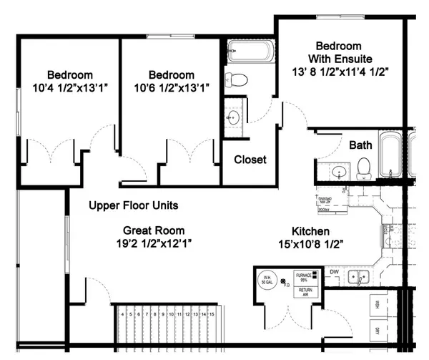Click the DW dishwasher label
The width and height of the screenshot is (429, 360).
334,271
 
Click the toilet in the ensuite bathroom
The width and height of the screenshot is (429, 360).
235,79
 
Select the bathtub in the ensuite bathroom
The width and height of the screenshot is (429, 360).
250,52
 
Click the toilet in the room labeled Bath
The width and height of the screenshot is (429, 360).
363,168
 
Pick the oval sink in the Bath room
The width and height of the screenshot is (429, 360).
337,172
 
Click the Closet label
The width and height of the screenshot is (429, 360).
250,160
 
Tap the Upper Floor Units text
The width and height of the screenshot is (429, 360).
133,205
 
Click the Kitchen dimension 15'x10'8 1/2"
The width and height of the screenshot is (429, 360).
310,244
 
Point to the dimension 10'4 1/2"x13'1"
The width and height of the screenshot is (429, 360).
70,88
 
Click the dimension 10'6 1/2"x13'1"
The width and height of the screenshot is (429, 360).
171,88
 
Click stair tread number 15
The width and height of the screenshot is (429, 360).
212,313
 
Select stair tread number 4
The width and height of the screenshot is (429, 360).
123,313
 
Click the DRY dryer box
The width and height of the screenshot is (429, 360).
377,331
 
